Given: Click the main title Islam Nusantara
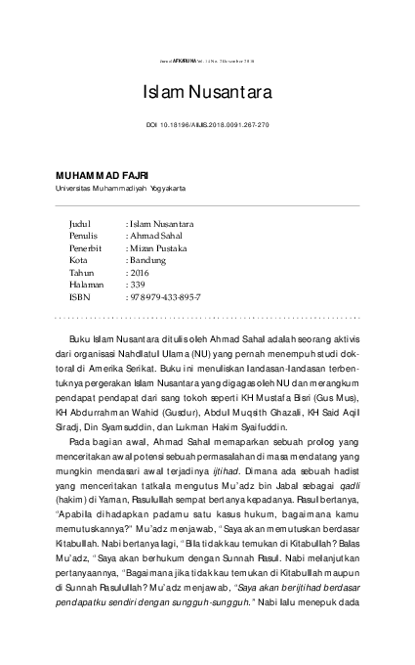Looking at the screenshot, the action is click(207, 93).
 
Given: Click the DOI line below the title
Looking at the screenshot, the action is click(207, 126).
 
